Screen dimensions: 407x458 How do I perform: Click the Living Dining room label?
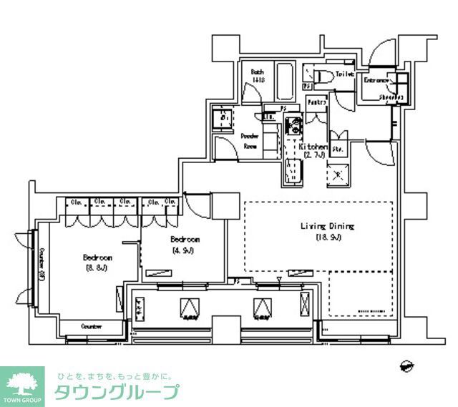327,227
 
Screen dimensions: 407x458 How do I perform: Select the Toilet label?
345,74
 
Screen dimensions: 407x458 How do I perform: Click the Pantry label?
316,103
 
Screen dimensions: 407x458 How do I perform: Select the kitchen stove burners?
293,129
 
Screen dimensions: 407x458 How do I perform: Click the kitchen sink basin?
293,172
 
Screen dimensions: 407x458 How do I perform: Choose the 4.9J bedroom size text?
183,250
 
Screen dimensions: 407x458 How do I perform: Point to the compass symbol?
406,366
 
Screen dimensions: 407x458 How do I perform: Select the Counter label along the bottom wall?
91,326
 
